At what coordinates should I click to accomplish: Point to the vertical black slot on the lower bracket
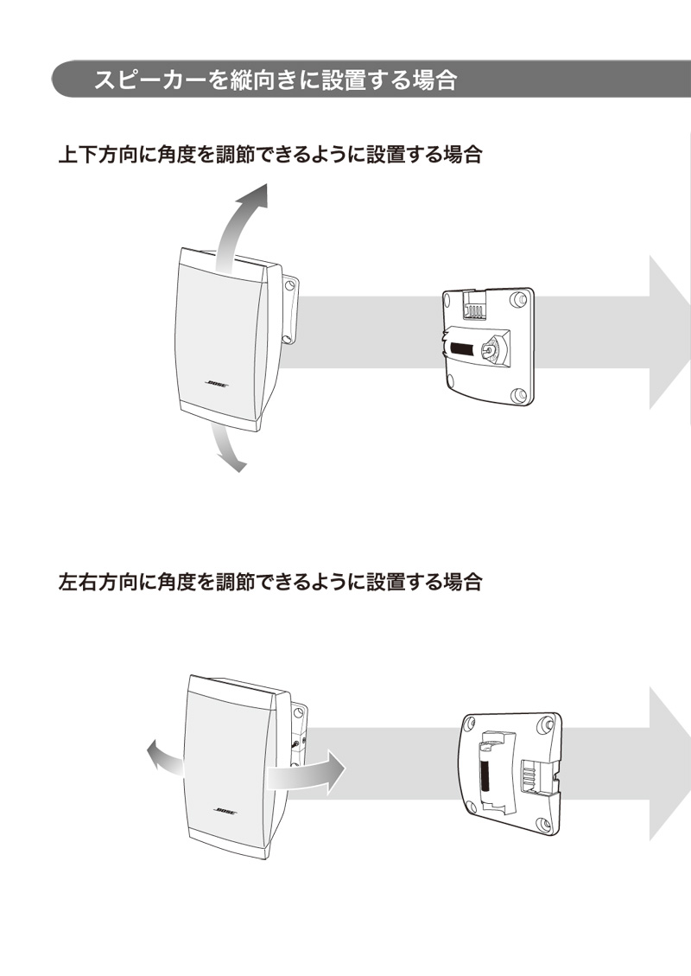click(x=485, y=774)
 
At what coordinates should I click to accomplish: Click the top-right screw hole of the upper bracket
click(x=519, y=299)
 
